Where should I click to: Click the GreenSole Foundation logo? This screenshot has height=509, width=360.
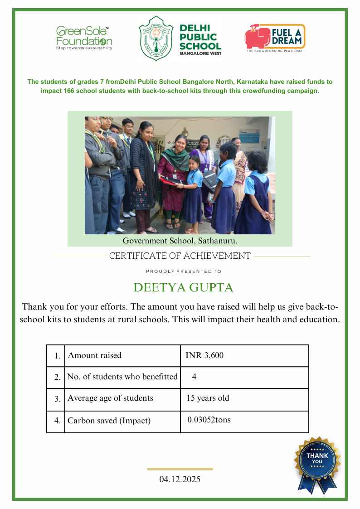(x=84, y=38)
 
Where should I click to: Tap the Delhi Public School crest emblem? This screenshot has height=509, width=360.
(x=156, y=38)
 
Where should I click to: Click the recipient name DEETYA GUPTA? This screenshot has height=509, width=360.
(x=183, y=287)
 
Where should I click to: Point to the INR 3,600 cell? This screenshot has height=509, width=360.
(x=204, y=355)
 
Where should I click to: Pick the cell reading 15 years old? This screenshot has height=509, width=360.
(x=208, y=398)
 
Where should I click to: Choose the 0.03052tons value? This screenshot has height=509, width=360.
(x=209, y=420)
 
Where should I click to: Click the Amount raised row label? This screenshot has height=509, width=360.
(x=95, y=355)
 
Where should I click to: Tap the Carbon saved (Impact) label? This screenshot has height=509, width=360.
(x=109, y=421)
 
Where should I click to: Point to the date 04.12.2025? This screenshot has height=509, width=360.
(x=180, y=479)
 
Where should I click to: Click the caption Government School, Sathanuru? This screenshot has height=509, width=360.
(x=180, y=241)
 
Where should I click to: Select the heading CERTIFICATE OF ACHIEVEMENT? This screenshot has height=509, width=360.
(x=180, y=256)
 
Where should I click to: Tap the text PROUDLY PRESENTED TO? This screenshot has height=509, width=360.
(x=184, y=271)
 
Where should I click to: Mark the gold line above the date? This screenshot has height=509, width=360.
(x=180, y=469)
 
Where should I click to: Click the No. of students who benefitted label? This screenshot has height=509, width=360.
(x=122, y=377)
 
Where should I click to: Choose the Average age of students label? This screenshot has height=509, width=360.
(x=110, y=398)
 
